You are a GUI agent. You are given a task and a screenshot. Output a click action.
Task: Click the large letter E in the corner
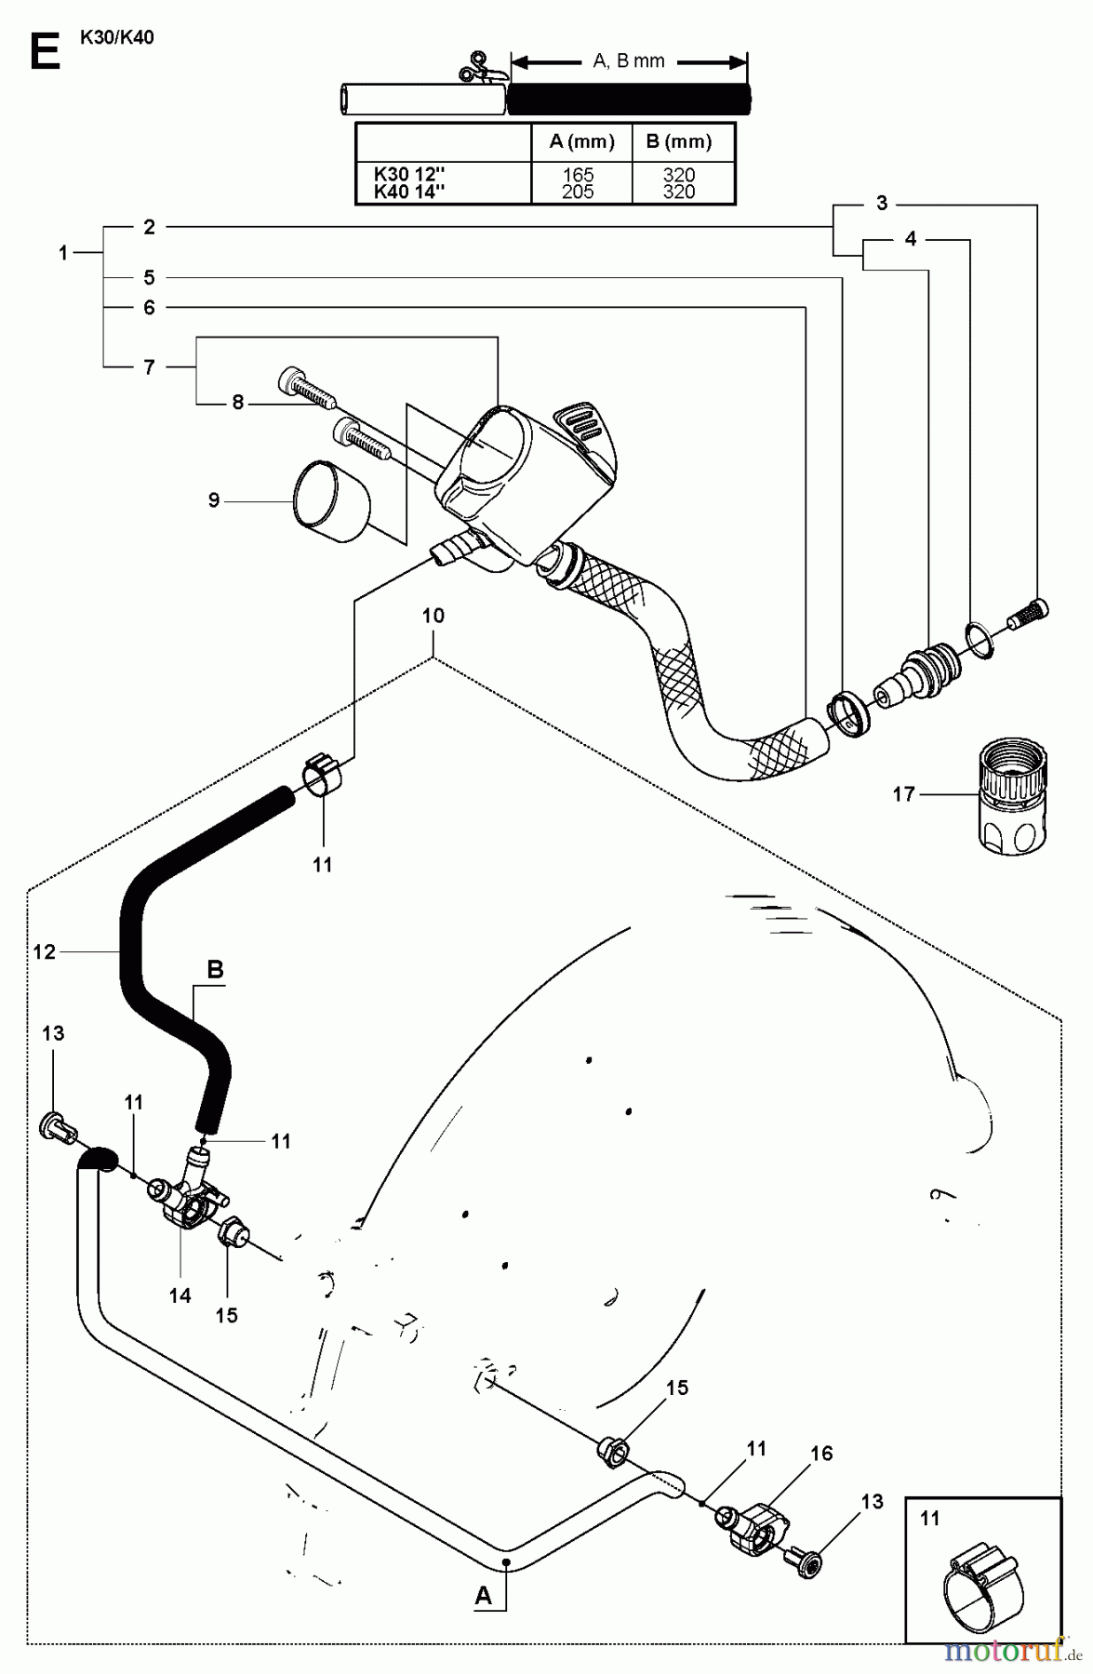click(x=44, y=51)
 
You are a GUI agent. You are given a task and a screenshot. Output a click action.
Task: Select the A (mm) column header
click(x=581, y=142)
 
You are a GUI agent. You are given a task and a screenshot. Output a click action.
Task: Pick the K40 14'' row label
click(x=409, y=192)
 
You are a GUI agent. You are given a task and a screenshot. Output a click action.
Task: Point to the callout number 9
click(x=214, y=500)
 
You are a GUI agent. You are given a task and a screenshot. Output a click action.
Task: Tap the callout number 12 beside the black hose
click(x=44, y=951)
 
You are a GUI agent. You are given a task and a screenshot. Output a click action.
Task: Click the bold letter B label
click(x=215, y=970)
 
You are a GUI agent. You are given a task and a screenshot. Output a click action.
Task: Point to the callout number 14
click(x=180, y=1295)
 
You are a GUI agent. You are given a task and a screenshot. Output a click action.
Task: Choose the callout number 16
click(x=821, y=1453)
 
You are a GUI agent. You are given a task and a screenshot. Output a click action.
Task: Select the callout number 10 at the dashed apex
click(x=433, y=616)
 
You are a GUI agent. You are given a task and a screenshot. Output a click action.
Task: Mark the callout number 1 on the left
click(x=63, y=252)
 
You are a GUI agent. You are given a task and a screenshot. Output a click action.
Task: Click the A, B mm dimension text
click(x=629, y=61)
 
